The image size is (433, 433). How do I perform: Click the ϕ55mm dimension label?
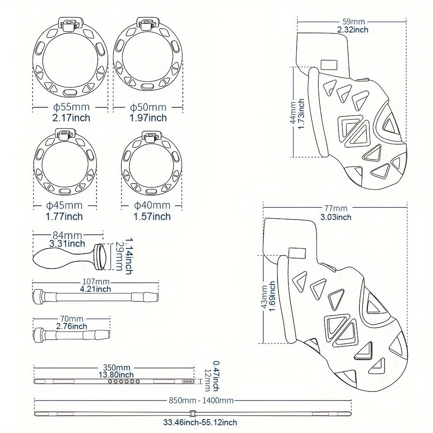[71, 107]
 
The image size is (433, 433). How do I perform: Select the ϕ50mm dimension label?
[148, 107]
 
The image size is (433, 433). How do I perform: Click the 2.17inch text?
[71, 117]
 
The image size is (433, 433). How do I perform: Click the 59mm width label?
[352, 21]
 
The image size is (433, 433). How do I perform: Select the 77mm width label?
[336, 209]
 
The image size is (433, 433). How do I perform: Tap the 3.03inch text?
[336, 217]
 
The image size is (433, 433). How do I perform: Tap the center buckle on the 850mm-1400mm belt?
[194, 413]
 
